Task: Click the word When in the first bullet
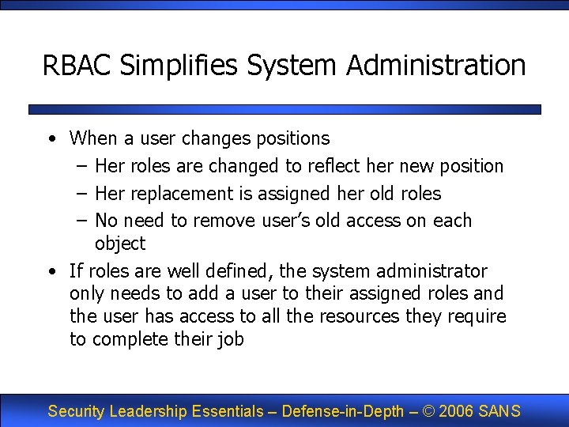[x=92, y=138]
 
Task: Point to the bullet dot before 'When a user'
[x=51, y=139]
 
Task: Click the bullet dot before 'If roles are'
[x=51, y=272]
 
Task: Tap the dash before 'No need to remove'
[x=83, y=221]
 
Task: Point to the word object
[x=120, y=244]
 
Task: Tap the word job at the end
[x=231, y=340]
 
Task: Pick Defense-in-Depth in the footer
[x=343, y=411]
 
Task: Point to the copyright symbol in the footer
[x=431, y=411]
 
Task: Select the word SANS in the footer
[x=501, y=411]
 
